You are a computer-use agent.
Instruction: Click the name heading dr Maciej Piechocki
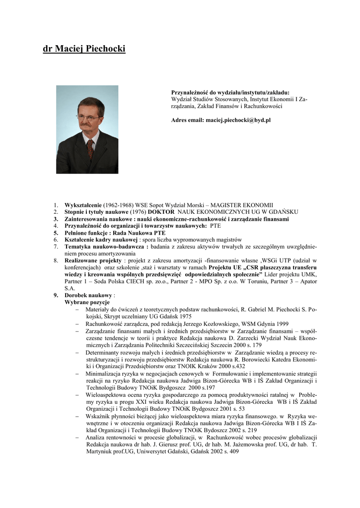(84, 49)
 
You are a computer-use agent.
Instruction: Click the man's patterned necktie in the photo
(90, 148)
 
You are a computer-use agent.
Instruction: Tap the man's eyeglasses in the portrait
(88, 118)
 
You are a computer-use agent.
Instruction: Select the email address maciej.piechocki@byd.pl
(238, 120)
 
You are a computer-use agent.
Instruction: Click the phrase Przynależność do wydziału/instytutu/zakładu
(230, 92)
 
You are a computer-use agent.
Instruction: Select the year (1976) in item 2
(138, 212)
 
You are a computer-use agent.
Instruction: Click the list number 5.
(56, 233)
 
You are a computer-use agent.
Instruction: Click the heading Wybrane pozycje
(87, 302)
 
